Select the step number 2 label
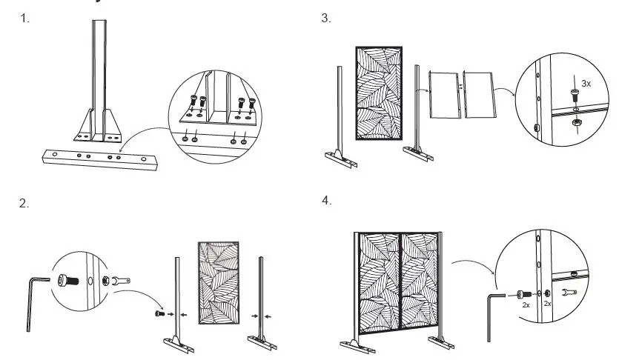tap(24, 204)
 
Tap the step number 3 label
tap(326, 19)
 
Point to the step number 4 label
tap(327, 201)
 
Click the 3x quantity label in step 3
tap(586, 84)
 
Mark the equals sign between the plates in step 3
tap(460, 87)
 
